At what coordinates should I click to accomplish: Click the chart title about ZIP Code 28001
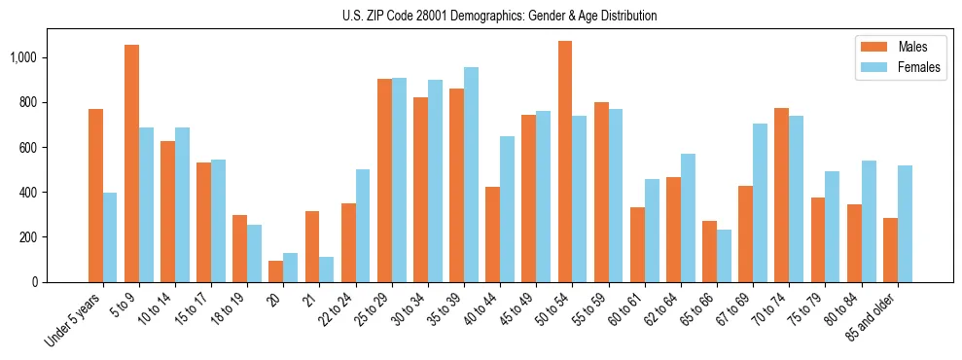click(500, 16)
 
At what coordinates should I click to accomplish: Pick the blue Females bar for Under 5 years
click(110, 237)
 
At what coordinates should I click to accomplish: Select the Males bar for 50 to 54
click(565, 162)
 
